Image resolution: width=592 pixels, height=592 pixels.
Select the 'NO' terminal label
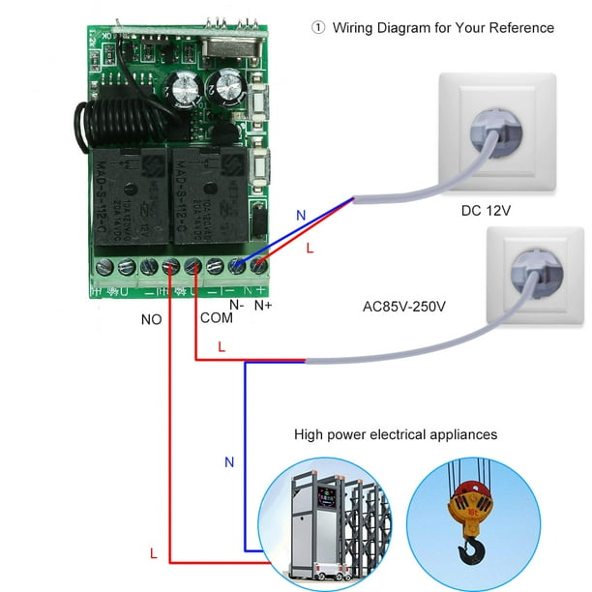(151, 317)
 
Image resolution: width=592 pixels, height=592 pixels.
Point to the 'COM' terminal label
(216, 317)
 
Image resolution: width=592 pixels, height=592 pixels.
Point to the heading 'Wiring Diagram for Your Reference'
(444, 28)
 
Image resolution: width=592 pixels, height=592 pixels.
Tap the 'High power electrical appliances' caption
(396, 434)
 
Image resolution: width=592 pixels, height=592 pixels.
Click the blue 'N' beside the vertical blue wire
(229, 462)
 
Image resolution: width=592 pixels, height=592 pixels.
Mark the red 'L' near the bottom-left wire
(153, 554)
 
